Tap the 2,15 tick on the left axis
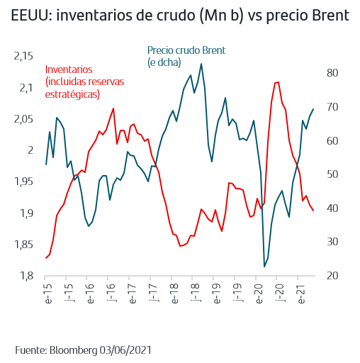point(23,56)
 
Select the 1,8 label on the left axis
point(27,276)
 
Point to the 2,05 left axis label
point(23,119)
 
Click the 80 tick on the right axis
point(332,73)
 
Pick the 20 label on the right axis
point(332,276)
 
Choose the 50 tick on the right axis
point(332,174)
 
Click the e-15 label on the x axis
point(47,294)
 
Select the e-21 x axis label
point(301,294)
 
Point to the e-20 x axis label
point(259,294)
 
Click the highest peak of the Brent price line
point(201,64)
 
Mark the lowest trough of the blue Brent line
point(264,267)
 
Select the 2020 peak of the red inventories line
point(279,82)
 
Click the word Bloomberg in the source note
point(73,350)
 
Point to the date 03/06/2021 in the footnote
point(125,350)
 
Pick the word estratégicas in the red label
point(72,94)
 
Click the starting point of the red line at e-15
point(46,258)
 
